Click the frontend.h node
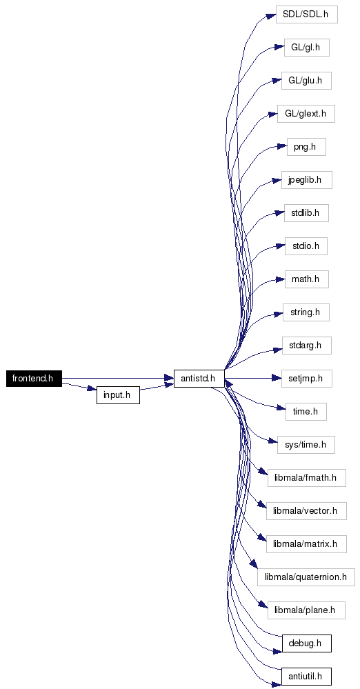click(34, 379)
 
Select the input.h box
click(118, 395)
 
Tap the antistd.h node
click(199, 379)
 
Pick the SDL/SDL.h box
click(306, 14)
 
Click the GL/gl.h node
click(306, 48)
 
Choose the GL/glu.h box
click(306, 81)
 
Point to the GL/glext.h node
click(306, 114)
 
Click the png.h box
click(306, 147)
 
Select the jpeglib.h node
click(306, 180)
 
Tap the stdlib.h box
click(306, 213)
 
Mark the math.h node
click(306, 279)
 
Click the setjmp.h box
click(306, 379)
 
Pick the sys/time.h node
click(306, 445)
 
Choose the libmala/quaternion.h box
click(306, 577)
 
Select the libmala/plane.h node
click(306, 610)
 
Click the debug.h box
click(306, 643)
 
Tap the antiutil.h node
click(306, 677)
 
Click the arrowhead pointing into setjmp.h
click(277, 379)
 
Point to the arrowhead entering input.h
click(92, 389)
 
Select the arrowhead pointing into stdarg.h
click(277, 350)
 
